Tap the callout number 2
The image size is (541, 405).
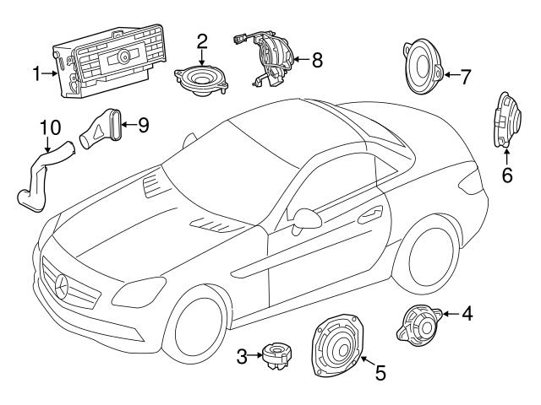tap(202, 40)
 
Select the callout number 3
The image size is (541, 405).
tap(241, 357)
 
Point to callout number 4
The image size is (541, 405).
tap(467, 315)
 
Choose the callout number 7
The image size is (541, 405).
tap(465, 75)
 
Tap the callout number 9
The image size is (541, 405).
tap(143, 126)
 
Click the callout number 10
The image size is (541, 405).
tap(51, 128)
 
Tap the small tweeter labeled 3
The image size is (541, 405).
tap(276, 357)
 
